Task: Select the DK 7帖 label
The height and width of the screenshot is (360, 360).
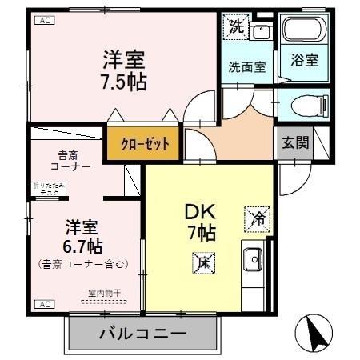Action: tap(199, 221)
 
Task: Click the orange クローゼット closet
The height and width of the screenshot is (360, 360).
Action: tap(145, 145)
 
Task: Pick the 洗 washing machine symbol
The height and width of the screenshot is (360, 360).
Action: tap(236, 26)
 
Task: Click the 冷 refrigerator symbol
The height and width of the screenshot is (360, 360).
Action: tap(258, 216)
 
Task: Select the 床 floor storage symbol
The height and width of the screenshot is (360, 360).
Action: tap(203, 261)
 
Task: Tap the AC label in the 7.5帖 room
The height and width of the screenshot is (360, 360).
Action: tap(44, 21)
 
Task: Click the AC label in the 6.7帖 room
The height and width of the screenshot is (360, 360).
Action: tap(44, 304)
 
